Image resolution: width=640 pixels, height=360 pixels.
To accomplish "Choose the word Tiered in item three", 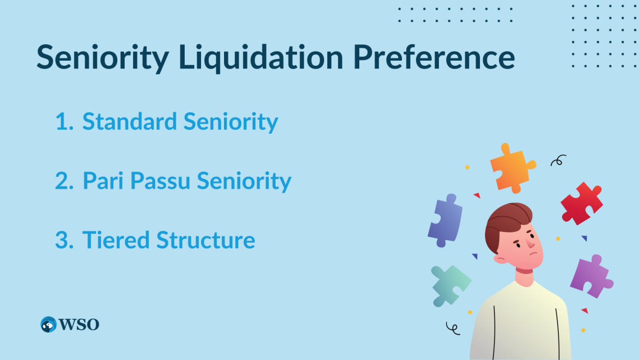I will tap(116, 240).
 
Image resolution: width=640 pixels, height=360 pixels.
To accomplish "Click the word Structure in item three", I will tap(205, 240).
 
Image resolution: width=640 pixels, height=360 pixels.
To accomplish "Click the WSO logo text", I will tap(79, 324).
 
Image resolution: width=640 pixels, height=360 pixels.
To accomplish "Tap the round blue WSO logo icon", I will tap(48, 324).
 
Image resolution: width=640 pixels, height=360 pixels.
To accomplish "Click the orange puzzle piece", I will tap(511, 166).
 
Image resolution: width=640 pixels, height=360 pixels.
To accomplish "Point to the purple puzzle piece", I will tap(591, 276).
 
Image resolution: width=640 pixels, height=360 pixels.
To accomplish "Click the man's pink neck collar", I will tap(524, 271).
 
